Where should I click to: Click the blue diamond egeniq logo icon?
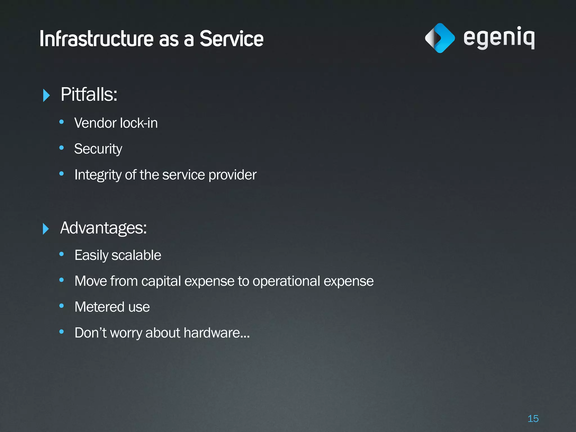pyautogui.click(x=440, y=38)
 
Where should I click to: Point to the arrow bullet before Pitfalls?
pyautogui.click(x=46, y=95)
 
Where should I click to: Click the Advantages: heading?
pyautogui.click(x=103, y=228)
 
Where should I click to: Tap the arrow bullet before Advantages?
pyautogui.click(x=46, y=229)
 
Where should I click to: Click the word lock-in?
pyautogui.click(x=139, y=123)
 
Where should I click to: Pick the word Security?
pyautogui.click(x=98, y=149)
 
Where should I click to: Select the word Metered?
pyautogui.click(x=99, y=307)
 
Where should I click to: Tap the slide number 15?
pyautogui.click(x=533, y=418)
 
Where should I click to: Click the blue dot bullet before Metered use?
pyautogui.click(x=62, y=306)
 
